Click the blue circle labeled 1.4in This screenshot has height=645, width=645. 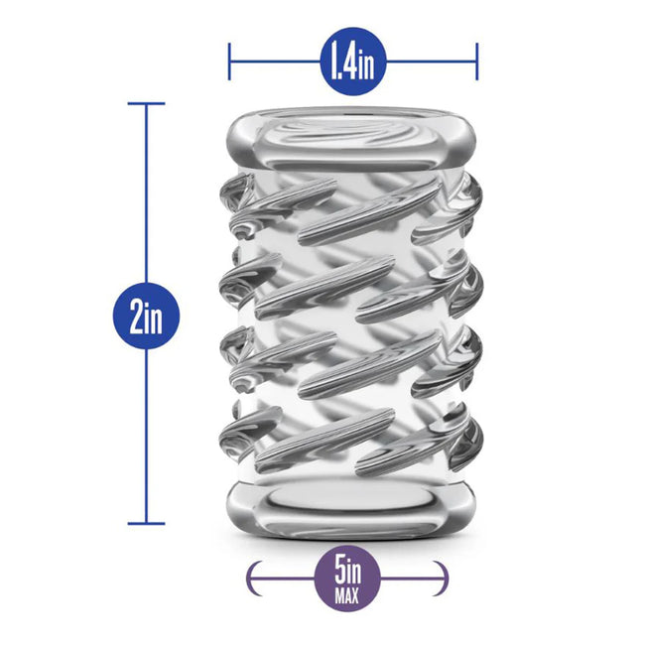click(x=353, y=62)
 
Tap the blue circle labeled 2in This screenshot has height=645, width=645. click(x=146, y=316)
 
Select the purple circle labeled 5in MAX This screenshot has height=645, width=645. click(x=347, y=578)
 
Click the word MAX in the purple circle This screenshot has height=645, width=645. click(x=347, y=595)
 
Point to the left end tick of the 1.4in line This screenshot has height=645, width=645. click(x=229, y=62)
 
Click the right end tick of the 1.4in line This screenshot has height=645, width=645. click(x=476, y=62)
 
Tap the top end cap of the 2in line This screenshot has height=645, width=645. click(x=146, y=103)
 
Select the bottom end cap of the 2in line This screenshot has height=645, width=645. click(x=146, y=524)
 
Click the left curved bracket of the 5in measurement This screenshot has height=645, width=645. click(x=253, y=578)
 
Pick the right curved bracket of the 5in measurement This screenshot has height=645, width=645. click(x=442, y=578)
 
